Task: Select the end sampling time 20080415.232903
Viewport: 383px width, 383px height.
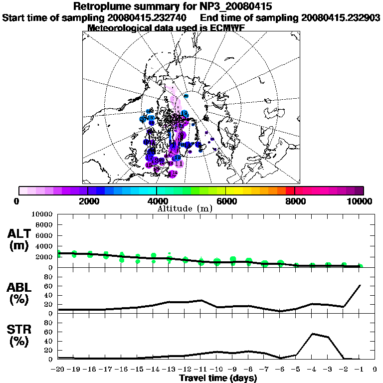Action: point(341,17)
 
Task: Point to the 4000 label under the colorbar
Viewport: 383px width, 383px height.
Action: point(157,201)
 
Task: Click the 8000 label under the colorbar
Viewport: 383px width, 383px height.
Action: point(295,201)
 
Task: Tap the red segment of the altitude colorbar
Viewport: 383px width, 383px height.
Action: point(290,191)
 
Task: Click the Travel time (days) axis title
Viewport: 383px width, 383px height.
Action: point(218,378)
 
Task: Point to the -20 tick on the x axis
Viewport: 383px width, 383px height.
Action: point(58,370)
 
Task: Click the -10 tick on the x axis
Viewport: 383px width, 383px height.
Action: point(216,370)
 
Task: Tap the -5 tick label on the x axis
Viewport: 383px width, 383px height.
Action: point(296,370)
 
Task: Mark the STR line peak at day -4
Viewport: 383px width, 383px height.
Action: point(312,334)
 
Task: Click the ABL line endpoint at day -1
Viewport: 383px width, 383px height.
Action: point(360,285)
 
